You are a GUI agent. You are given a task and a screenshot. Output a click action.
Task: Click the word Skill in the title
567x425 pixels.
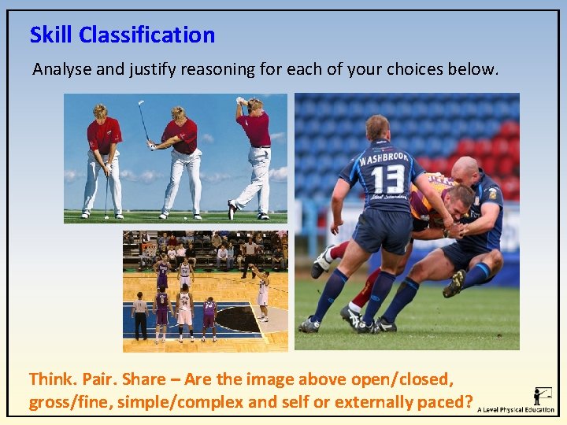coord(51,35)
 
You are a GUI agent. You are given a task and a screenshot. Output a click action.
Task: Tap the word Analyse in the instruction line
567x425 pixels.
coord(61,69)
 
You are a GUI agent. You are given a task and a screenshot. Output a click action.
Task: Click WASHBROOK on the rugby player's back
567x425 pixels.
coord(384,157)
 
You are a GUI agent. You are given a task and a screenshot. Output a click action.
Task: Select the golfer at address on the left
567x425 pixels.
coord(103,157)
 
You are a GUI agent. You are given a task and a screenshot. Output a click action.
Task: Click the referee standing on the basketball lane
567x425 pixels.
coord(140,315)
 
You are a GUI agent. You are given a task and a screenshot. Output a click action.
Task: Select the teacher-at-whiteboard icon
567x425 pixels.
coord(543,394)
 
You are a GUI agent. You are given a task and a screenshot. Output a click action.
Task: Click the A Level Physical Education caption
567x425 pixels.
coord(516,410)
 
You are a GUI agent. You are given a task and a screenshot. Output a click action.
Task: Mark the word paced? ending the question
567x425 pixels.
coord(446,402)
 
